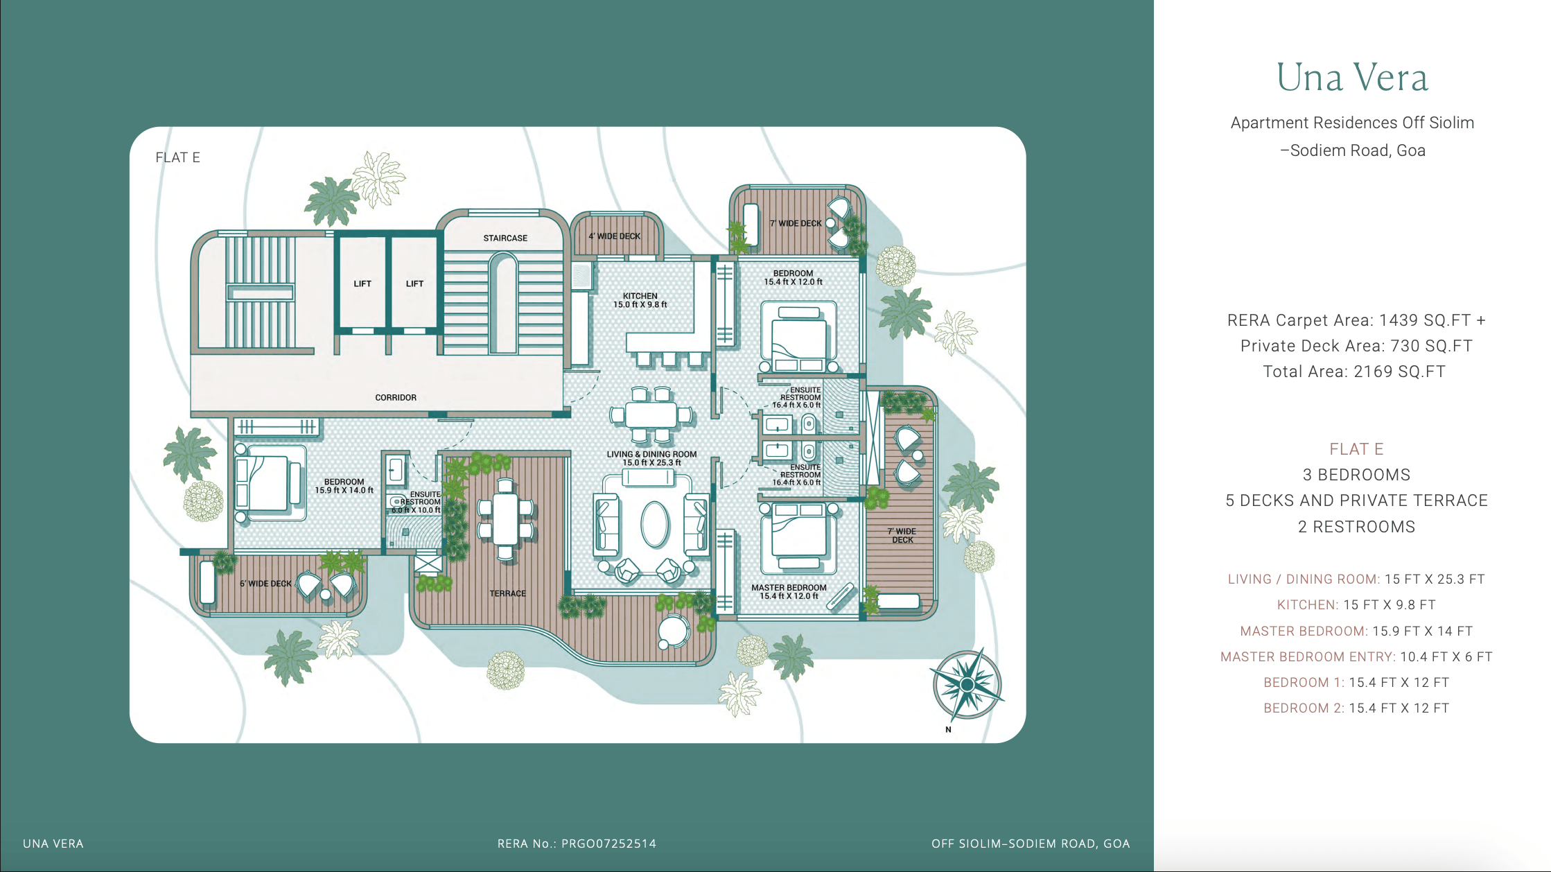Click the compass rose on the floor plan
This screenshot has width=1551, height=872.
pyautogui.click(x=967, y=685)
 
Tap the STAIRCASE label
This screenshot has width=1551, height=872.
pyautogui.click(x=505, y=238)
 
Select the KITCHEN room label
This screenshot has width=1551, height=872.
pyautogui.click(x=640, y=296)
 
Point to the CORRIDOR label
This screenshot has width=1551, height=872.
pyautogui.click(x=396, y=397)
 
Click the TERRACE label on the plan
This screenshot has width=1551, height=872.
pyautogui.click(x=508, y=593)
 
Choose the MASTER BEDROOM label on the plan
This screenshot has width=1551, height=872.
pyautogui.click(x=789, y=588)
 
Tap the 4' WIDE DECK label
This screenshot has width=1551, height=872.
pyautogui.click(x=614, y=236)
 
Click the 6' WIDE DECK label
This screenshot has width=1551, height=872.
pyautogui.click(x=265, y=584)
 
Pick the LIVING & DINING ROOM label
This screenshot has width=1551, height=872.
pyautogui.click(x=651, y=454)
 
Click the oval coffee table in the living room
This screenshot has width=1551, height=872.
pyautogui.click(x=654, y=524)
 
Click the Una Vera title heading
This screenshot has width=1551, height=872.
pyautogui.click(x=1352, y=77)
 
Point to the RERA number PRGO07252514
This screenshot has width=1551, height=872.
pyautogui.click(x=608, y=844)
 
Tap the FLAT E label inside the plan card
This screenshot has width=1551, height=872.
pyautogui.click(x=177, y=157)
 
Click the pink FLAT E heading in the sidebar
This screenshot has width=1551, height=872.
pyautogui.click(x=1356, y=449)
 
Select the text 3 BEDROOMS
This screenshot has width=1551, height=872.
pyautogui.click(x=1356, y=475)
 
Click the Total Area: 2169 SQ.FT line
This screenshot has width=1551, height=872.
pyautogui.click(x=1354, y=372)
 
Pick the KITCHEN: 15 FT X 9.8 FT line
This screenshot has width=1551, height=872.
pyautogui.click(x=1356, y=605)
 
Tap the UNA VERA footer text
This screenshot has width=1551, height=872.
pyautogui.click(x=53, y=844)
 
